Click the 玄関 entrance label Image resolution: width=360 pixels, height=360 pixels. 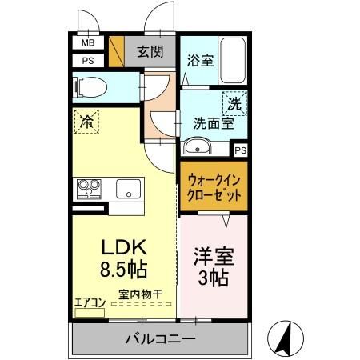(150, 53)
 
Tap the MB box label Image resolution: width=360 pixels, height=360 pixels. (87, 43)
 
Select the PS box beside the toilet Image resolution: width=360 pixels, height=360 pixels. (87, 60)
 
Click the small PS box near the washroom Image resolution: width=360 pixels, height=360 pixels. (240, 150)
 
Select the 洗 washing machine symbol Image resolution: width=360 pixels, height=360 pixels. (234, 102)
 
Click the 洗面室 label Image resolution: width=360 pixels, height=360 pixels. (212, 124)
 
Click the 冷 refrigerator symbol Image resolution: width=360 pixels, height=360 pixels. (86, 122)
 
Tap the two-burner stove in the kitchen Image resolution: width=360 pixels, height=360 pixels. (87, 189)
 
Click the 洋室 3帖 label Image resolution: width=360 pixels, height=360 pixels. (212, 268)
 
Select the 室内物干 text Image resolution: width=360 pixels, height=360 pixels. (141, 294)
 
